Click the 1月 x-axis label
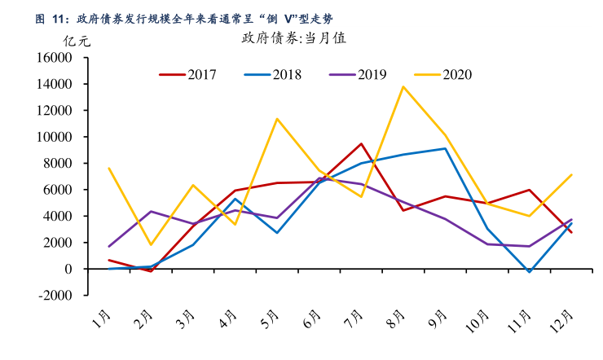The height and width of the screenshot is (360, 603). (103, 318)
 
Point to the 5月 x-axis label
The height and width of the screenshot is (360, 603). (271, 318)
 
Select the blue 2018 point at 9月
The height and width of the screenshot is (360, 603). (445, 148)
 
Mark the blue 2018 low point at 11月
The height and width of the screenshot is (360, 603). (530, 272)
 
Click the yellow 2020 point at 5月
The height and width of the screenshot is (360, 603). (277, 119)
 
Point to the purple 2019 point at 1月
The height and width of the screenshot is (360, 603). (109, 246)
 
